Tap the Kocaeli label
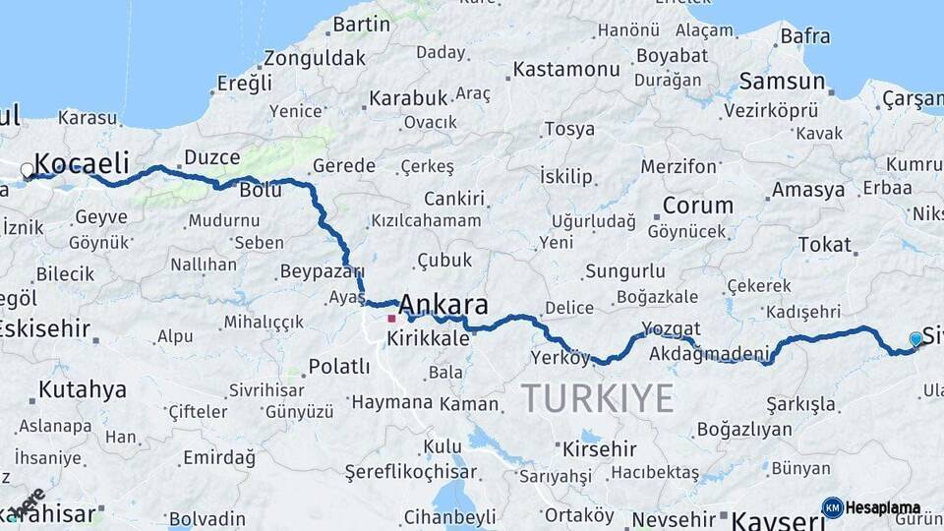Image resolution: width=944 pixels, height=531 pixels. [x=84, y=162]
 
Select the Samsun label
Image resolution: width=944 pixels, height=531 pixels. [x=782, y=82]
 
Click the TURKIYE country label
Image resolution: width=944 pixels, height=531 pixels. [x=597, y=398]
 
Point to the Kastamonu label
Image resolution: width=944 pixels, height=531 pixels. [x=566, y=70]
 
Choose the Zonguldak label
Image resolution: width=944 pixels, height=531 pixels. [x=314, y=58]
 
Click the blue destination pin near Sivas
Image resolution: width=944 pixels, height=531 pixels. [x=916, y=339]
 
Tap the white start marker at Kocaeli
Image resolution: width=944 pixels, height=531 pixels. [x=28, y=170]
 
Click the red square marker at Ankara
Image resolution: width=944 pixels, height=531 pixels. [x=391, y=319]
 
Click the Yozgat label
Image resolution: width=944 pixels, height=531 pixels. [x=671, y=328]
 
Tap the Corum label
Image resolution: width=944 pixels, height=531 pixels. [x=697, y=206]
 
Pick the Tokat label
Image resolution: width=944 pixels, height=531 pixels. [x=824, y=244]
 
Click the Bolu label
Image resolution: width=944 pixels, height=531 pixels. [x=261, y=190]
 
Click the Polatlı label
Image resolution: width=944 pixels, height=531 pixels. [x=338, y=367]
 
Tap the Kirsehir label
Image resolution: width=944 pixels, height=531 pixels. [x=599, y=448]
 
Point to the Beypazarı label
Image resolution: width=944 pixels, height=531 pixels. [x=322, y=271]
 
